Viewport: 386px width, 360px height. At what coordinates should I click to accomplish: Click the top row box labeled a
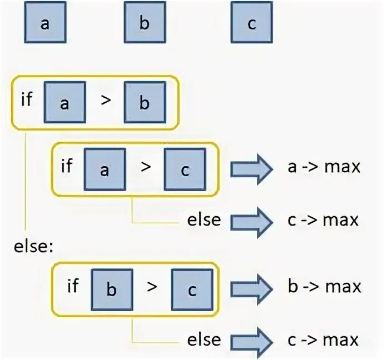pos(44,23)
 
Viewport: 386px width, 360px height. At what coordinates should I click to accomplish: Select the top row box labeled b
pos(144,23)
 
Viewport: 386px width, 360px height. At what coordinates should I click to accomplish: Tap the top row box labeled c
pos(251,23)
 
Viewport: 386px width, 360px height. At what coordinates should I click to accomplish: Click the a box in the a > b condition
pos(65,102)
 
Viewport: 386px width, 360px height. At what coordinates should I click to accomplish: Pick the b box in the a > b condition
pos(145,102)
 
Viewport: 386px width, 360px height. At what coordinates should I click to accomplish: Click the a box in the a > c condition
pos(105,169)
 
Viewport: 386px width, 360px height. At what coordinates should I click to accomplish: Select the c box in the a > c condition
pos(185,169)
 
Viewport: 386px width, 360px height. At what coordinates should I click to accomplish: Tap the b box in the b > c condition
pos(112,289)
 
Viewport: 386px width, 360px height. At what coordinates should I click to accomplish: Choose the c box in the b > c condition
pos(191,289)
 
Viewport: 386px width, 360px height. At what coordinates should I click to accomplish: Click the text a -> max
pos(324,167)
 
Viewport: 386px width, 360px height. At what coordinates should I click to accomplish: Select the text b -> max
pos(324,287)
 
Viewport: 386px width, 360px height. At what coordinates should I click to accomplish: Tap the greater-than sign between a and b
pos(105,102)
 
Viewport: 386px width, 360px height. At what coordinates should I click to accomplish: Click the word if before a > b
pos(27,99)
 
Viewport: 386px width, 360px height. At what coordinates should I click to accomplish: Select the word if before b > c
pos(73,286)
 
